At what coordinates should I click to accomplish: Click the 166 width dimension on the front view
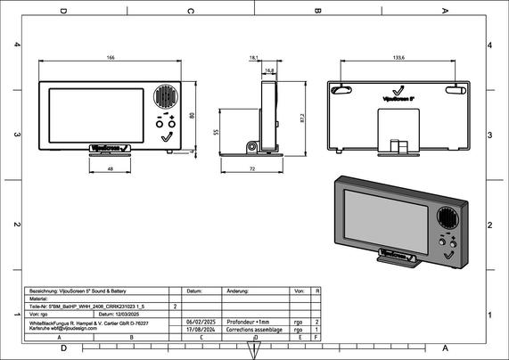tap(111, 58)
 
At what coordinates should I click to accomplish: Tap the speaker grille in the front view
tap(166, 96)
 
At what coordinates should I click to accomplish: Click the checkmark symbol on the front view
tap(167, 137)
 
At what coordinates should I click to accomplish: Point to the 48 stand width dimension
tap(110, 168)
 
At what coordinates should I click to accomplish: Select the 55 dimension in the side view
tap(217, 131)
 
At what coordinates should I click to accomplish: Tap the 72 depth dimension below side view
tap(253, 168)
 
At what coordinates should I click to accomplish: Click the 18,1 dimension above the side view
tap(254, 58)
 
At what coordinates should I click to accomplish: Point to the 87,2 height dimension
tap(302, 116)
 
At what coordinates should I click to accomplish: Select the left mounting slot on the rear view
tap(338, 88)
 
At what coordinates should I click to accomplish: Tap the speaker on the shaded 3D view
tap(447, 218)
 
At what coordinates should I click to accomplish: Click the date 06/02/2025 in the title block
tap(201, 322)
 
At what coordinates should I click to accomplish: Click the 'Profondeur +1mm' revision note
tap(247, 322)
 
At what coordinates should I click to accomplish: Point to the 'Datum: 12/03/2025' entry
tap(119, 314)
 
